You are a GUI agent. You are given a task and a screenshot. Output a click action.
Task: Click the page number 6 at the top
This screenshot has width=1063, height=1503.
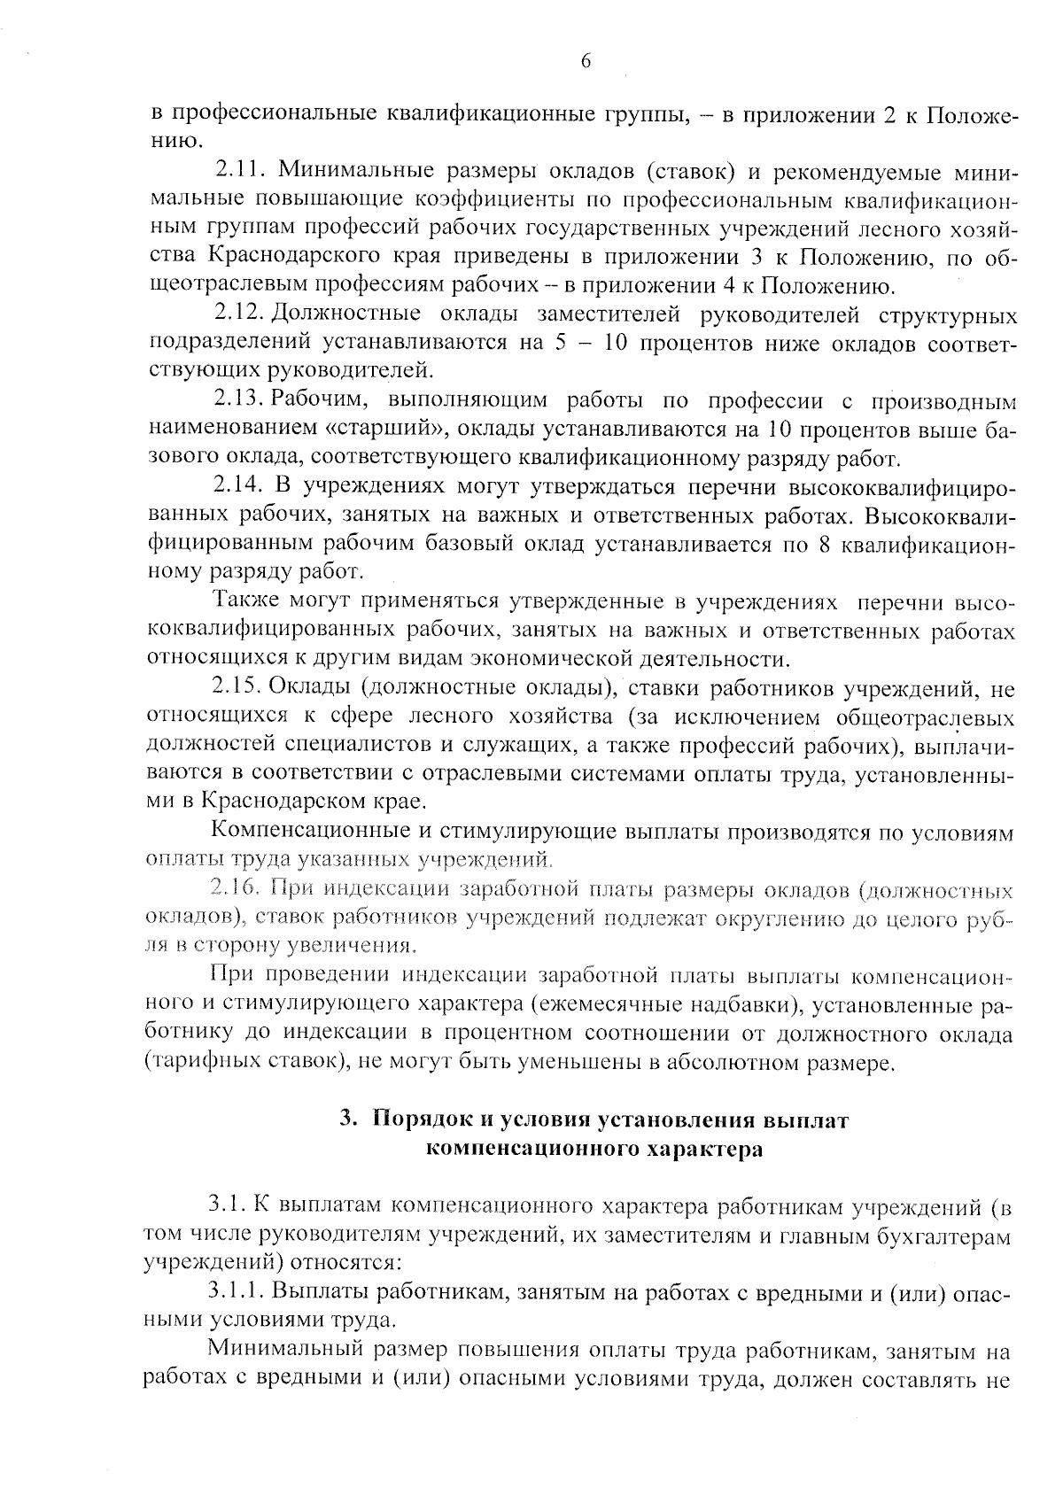(585, 60)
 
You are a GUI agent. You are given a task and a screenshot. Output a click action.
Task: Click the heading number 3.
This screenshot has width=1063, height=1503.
(347, 1120)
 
